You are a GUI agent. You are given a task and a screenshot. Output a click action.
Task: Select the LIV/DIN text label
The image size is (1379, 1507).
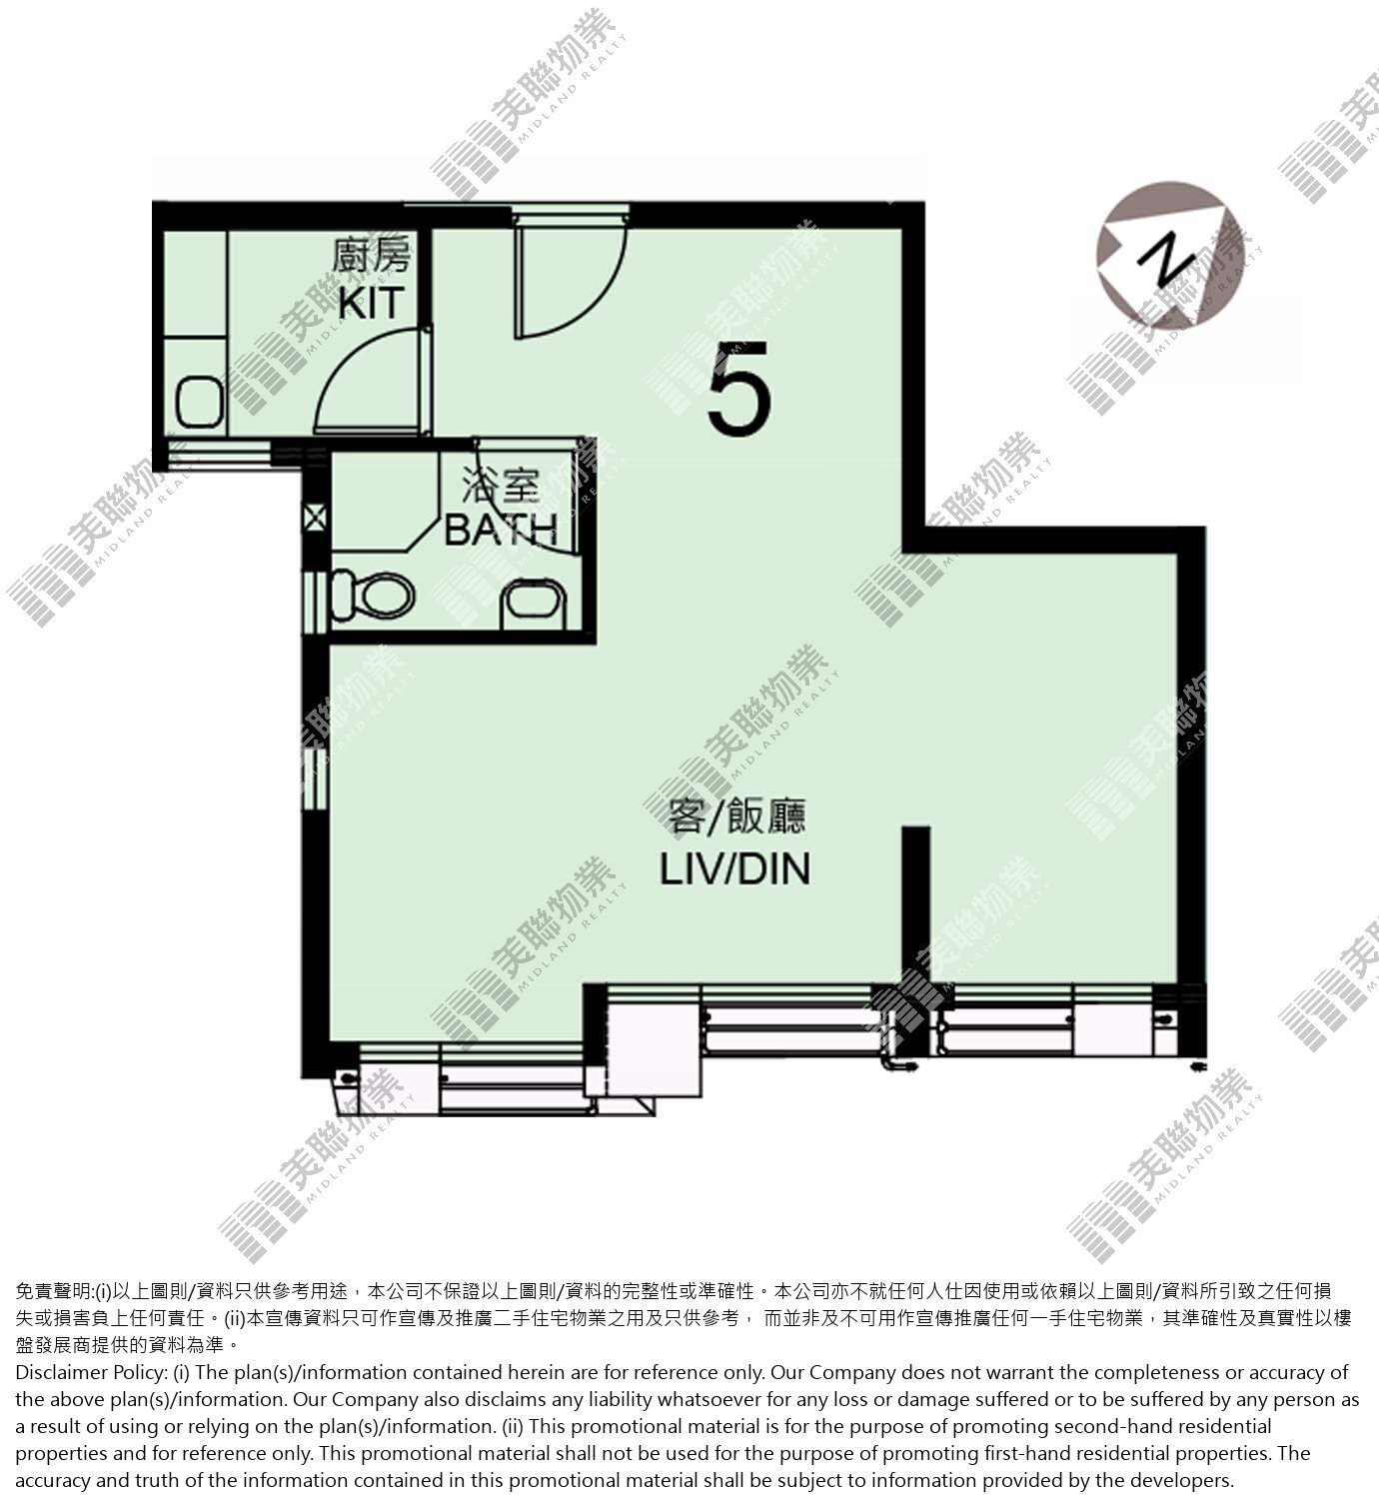point(734,869)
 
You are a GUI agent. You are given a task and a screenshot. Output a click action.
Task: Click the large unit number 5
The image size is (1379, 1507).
point(739,389)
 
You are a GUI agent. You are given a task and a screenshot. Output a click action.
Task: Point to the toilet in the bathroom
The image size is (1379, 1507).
point(373,596)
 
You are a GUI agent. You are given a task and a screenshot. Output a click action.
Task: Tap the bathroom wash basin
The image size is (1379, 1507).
point(535,602)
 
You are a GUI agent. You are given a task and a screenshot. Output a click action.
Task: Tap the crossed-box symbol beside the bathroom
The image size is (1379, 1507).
point(316,518)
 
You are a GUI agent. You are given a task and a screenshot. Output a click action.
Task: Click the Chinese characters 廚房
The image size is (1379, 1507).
point(372,255)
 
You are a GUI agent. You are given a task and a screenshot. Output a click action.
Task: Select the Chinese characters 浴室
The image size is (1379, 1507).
point(500,485)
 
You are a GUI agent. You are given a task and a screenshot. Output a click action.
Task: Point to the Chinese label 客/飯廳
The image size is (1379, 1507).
point(736,815)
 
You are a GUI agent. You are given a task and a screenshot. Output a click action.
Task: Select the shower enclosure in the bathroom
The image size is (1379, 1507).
point(385,505)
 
